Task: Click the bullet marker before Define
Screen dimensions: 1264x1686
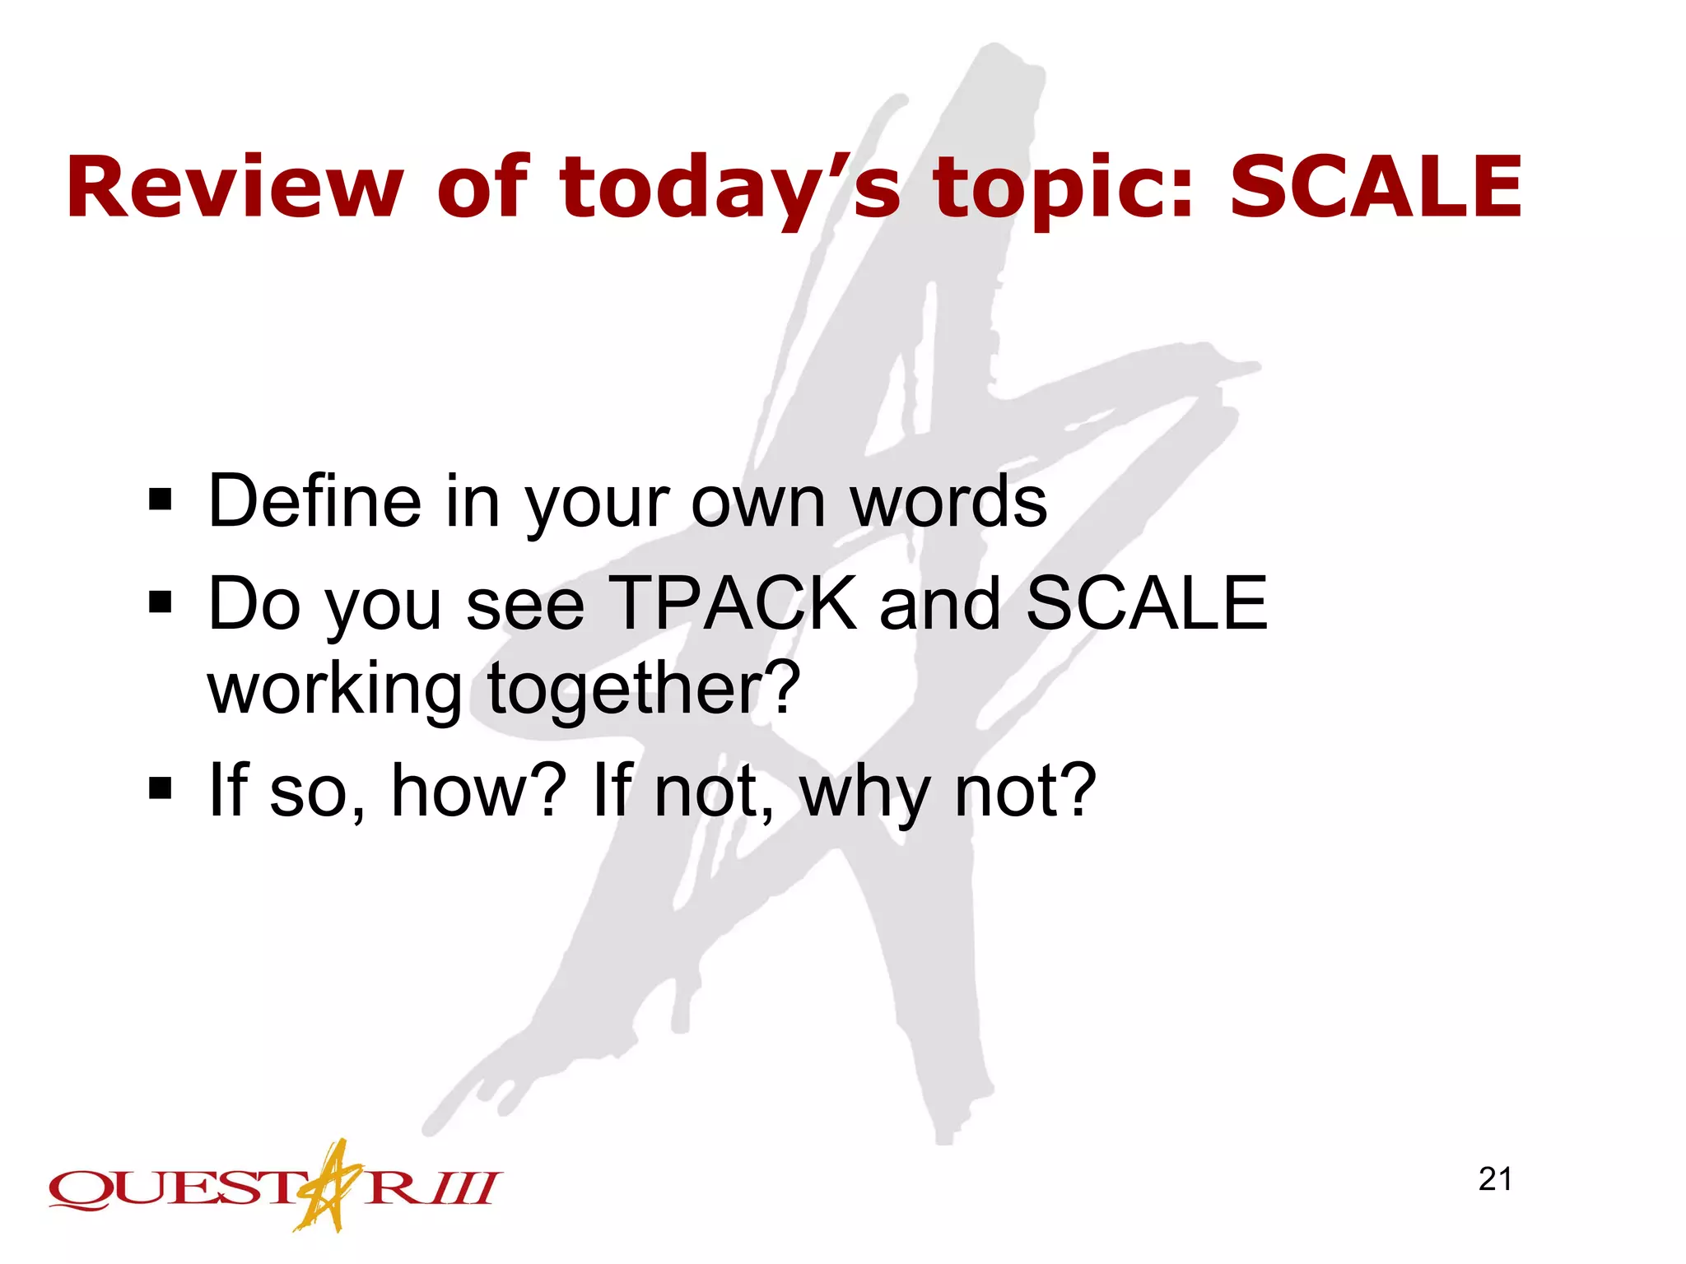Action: (x=161, y=499)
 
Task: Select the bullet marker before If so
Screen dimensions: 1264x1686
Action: (x=161, y=788)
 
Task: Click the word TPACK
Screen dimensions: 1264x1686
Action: (x=732, y=603)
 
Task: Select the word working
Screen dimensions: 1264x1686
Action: (x=334, y=690)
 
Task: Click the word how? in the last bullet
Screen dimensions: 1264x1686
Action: (x=478, y=790)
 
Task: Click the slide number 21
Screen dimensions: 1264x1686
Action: (x=1495, y=1179)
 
